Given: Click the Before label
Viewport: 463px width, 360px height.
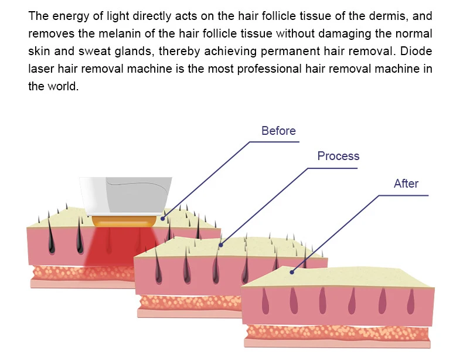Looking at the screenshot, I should [x=278, y=131].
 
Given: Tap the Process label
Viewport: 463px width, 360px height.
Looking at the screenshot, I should [x=338, y=156].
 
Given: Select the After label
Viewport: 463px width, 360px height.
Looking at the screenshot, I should [x=406, y=184].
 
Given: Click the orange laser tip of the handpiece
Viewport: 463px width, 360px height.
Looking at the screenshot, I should [x=124, y=220].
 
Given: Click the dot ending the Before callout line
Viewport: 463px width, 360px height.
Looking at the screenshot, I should [x=162, y=218].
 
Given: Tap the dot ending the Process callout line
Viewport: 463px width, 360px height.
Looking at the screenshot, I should [x=221, y=245].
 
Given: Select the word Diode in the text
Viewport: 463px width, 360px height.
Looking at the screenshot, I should [x=418, y=51].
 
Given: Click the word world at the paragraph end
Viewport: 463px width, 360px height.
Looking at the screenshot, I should [x=63, y=86].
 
